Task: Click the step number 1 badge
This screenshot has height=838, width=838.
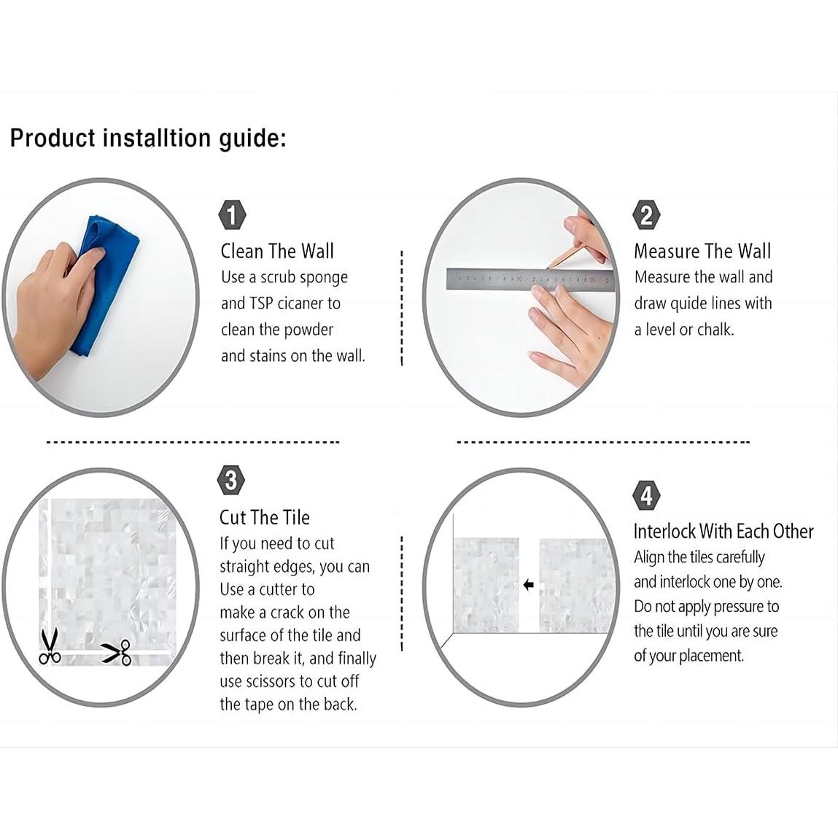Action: (232, 215)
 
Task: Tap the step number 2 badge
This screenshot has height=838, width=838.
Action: (646, 215)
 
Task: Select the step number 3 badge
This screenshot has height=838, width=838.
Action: (231, 480)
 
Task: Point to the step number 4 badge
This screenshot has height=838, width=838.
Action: (646, 495)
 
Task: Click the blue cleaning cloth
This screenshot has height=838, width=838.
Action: (104, 283)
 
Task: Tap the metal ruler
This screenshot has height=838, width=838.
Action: (530, 279)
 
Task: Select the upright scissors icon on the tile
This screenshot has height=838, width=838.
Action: (50, 646)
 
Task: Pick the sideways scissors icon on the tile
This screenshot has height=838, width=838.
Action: (116, 652)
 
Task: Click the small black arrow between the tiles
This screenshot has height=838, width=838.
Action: (529, 585)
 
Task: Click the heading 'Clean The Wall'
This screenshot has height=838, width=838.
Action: (277, 251)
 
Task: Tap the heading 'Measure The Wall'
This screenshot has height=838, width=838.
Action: (702, 251)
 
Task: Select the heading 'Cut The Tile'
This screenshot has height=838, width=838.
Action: (265, 517)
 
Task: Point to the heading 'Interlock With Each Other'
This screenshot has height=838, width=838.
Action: (723, 531)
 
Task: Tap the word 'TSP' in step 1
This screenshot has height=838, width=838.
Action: (262, 303)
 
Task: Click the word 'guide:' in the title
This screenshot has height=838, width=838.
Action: (252, 139)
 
